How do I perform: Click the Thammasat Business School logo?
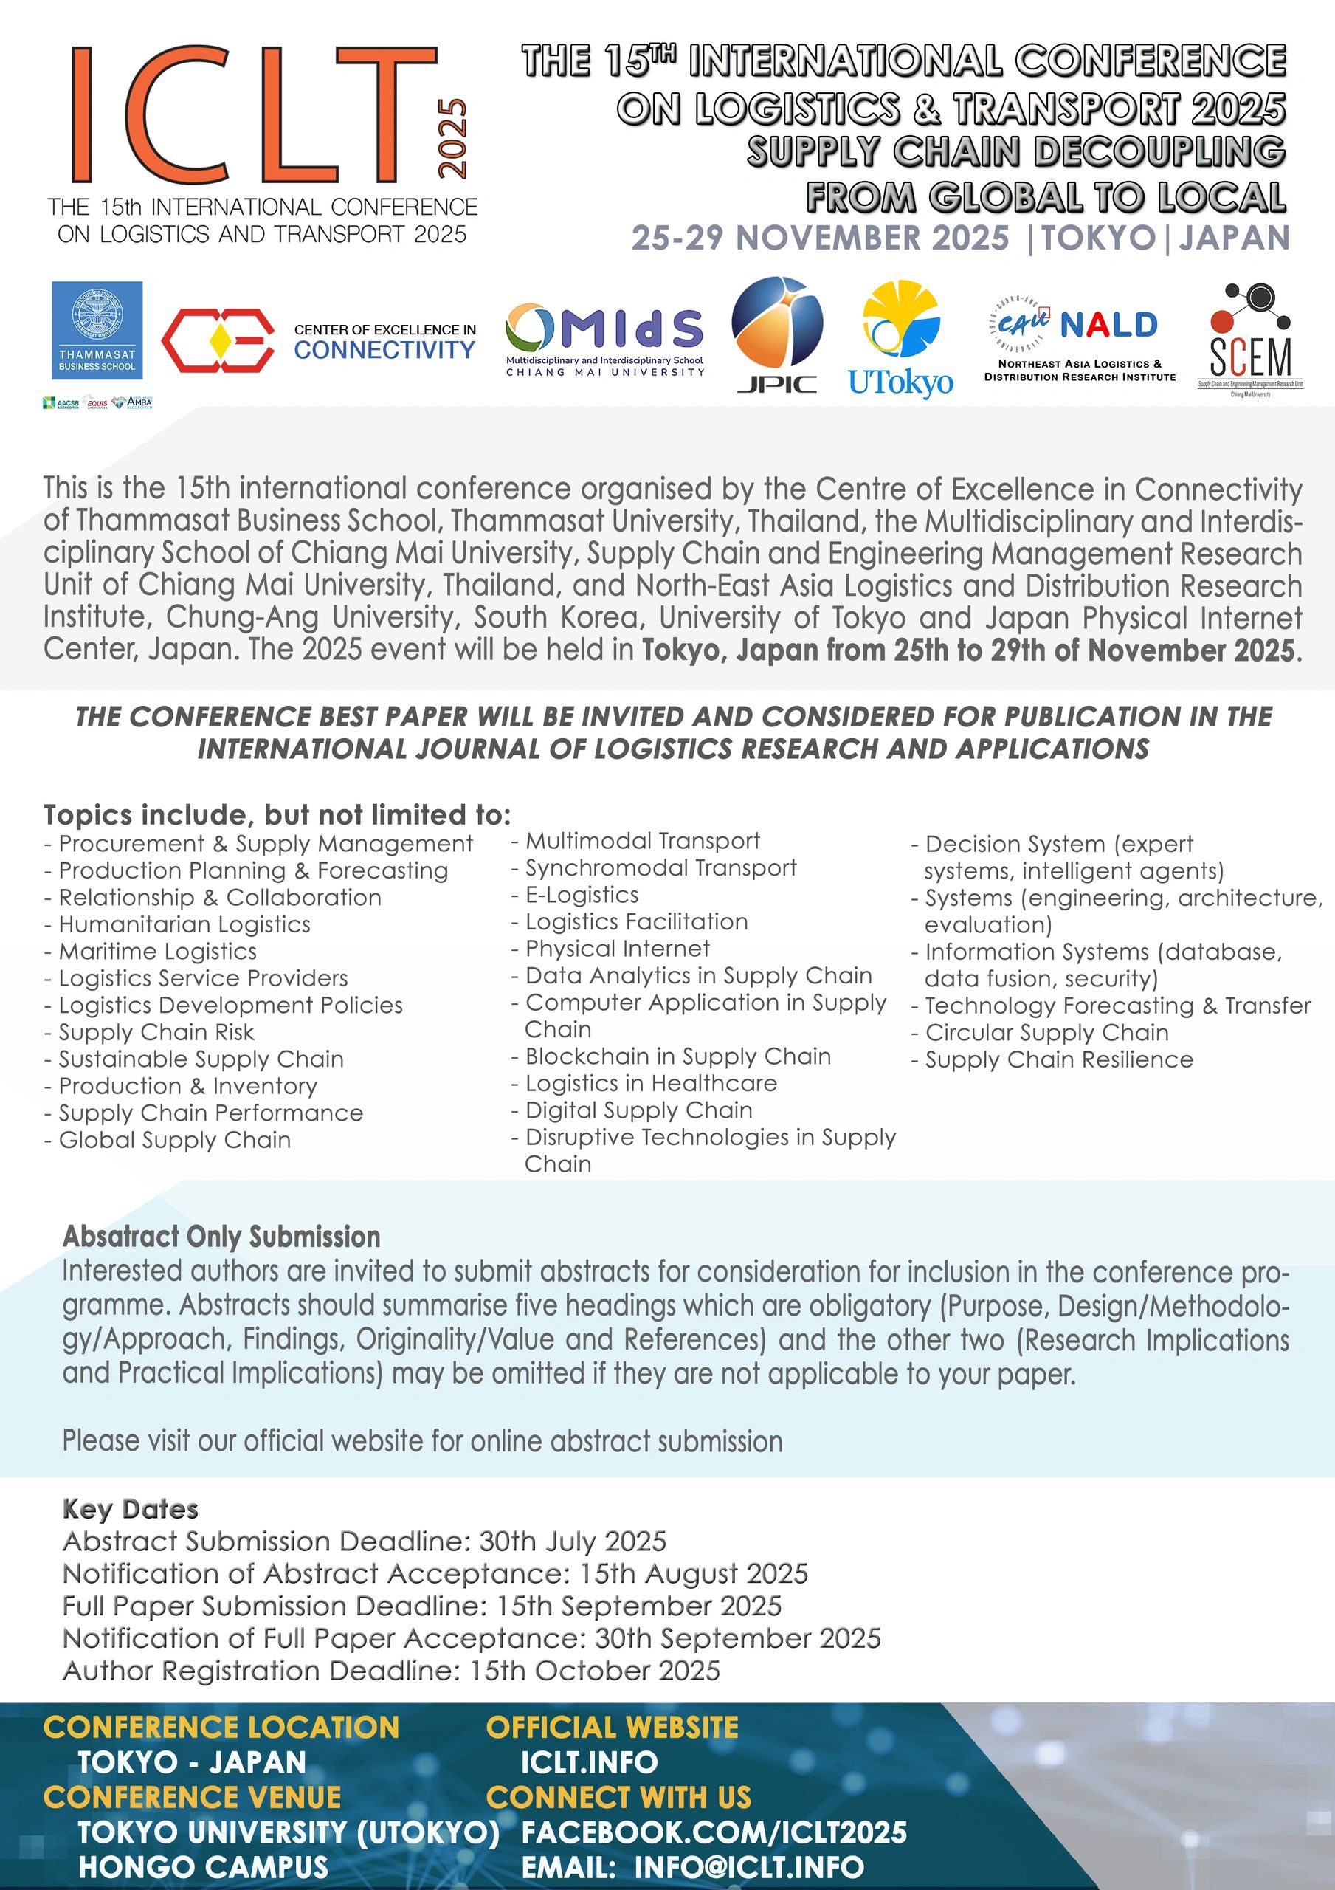97,327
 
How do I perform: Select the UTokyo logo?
900,338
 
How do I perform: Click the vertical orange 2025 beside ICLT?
452,138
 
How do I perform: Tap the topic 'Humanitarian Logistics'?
184,924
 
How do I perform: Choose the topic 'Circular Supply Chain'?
1046,1032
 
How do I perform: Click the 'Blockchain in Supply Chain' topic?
677,1056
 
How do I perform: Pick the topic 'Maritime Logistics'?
157,952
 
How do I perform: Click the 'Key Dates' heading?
131,1509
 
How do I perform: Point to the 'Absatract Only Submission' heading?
221,1237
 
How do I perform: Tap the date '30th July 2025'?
573,1541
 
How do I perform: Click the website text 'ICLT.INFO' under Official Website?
590,1762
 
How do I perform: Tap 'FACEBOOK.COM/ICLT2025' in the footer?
714,1832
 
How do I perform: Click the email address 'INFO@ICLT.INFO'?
749,1867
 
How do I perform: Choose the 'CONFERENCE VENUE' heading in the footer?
193,1797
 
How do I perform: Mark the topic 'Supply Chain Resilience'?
1058,1059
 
